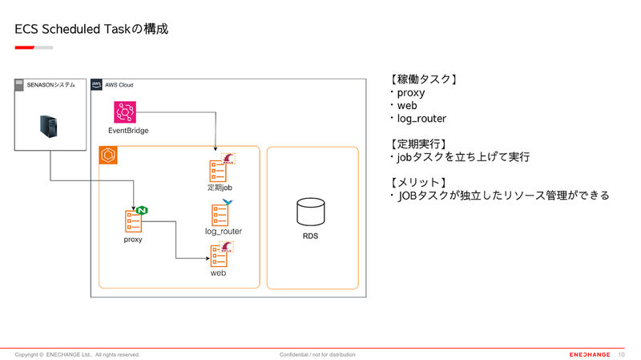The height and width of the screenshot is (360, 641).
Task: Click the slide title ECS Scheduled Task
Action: click(91, 29)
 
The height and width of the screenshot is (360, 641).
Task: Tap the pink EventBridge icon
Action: click(127, 112)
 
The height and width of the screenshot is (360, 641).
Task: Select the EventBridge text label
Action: click(128, 131)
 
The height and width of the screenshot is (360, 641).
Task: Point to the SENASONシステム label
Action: click(50, 84)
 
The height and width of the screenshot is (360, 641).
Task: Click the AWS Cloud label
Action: click(119, 84)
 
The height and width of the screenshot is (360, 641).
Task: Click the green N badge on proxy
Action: click(143, 210)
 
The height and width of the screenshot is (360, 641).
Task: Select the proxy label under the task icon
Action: click(133, 239)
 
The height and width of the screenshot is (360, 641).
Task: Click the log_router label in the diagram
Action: click(224, 231)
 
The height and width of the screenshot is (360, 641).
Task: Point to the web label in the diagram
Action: click(218, 273)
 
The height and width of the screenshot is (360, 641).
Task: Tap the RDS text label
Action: click(311, 237)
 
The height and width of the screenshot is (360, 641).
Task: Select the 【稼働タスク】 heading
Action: click(423, 79)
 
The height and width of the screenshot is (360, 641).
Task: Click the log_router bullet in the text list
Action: click(419, 119)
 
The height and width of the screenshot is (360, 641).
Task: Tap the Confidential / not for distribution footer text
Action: click(317, 354)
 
